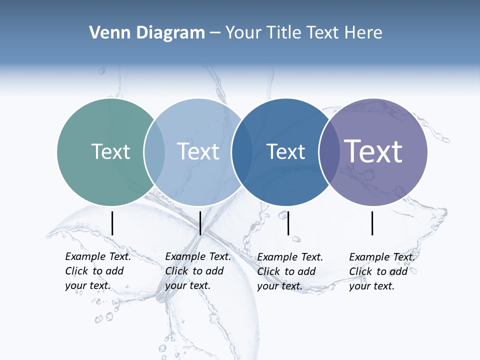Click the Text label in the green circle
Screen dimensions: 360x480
pyautogui.click(x=110, y=151)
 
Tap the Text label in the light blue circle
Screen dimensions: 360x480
pyautogui.click(x=198, y=151)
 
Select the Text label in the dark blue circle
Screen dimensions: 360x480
pyautogui.click(x=285, y=151)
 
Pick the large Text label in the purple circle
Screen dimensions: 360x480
pyautogui.click(x=373, y=151)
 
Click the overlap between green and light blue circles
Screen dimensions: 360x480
pyautogui.click(x=154, y=152)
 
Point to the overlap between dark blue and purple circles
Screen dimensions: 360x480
pyautogui.click(x=329, y=152)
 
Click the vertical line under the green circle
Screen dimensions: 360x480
pyautogui.click(x=112, y=223)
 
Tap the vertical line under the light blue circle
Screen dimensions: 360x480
pyautogui.click(x=200, y=223)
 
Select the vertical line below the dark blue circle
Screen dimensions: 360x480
pyautogui.click(x=288, y=223)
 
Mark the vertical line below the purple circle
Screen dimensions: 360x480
pyautogui.click(x=372, y=223)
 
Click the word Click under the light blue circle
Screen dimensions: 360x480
pyautogui.click(x=176, y=271)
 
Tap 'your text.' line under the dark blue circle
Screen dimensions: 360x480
pyautogui.click(x=279, y=286)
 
